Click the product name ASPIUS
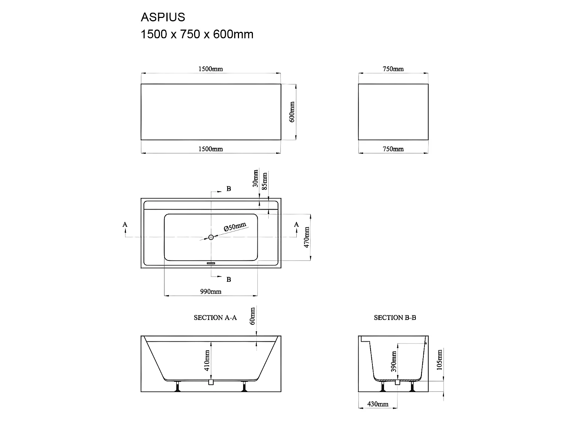click(163, 17)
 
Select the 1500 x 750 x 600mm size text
click(197, 34)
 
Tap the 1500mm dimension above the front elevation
click(210, 69)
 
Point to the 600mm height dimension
click(293, 112)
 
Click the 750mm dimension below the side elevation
click(393, 149)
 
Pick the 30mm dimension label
click(256, 178)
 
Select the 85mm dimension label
click(265, 181)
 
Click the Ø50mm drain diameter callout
click(235, 227)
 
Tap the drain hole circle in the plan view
click(211, 237)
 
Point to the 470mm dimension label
click(307, 237)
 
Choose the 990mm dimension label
click(211, 292)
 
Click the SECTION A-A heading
click(215, 318)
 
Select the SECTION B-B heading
click(395, 318)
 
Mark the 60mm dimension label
click(253, 316)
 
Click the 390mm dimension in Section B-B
click(394, 361)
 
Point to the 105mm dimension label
click(440, 359)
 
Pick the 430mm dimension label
click(377, 404)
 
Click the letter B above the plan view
click(229, 189)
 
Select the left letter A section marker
click(125, 225)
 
